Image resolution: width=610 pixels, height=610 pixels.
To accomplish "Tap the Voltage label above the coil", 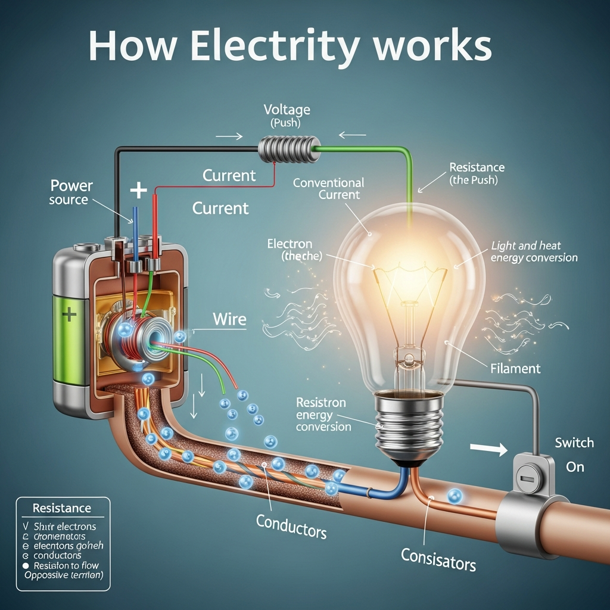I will [x=287, y=110].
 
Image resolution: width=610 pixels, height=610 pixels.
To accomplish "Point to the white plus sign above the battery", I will [x=138, y=191].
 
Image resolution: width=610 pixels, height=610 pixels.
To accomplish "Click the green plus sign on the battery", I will [x=69, y=314].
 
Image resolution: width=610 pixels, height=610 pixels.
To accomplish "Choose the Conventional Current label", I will [x=328, y=189].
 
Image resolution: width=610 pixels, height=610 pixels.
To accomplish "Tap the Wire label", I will [x=230, y=319].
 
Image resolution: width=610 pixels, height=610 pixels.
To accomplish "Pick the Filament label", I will [x=515, y=368].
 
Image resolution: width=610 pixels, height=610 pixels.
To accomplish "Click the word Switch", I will [x=574, y=443].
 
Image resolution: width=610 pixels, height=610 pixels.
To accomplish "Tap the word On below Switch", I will [x=575, y=466].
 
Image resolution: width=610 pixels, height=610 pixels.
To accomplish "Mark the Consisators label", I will [x=438, y=559].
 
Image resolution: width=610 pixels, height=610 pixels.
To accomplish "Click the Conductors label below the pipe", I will [x=291, y=526].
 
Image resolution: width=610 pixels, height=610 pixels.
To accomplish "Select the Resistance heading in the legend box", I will [x=62, y=508].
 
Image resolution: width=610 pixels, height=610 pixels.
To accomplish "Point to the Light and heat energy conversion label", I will [x=534, y=252].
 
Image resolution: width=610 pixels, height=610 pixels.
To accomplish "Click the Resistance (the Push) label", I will [x=477, y=173].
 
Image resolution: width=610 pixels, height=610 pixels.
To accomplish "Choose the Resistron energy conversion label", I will [x=323, y=414].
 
